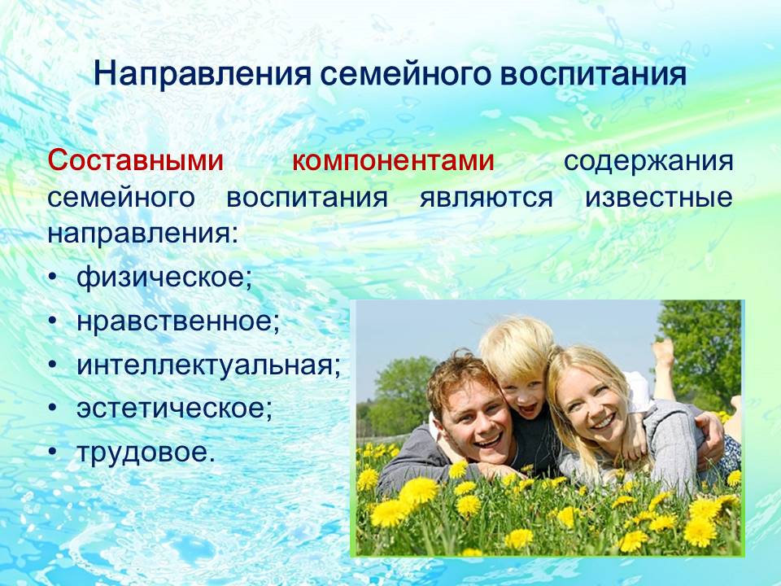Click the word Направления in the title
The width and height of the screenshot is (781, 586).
coord(203,74)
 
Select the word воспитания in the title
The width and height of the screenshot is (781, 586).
coord(593,74)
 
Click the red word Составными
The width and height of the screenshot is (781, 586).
coord(136,160)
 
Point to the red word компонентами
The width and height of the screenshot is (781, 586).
coord(393,161)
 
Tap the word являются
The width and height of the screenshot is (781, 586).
coord(486,197)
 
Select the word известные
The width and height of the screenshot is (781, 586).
coord(659,197)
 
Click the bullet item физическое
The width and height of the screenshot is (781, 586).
coord(164,277)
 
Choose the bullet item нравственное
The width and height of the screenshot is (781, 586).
coord(178,321)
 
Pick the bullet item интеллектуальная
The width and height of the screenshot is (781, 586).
coord(209,365)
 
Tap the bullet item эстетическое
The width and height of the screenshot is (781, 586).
coord(175,408)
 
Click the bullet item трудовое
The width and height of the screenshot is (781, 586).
coord(146,453)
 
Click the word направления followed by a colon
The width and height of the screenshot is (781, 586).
coord(143,234)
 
